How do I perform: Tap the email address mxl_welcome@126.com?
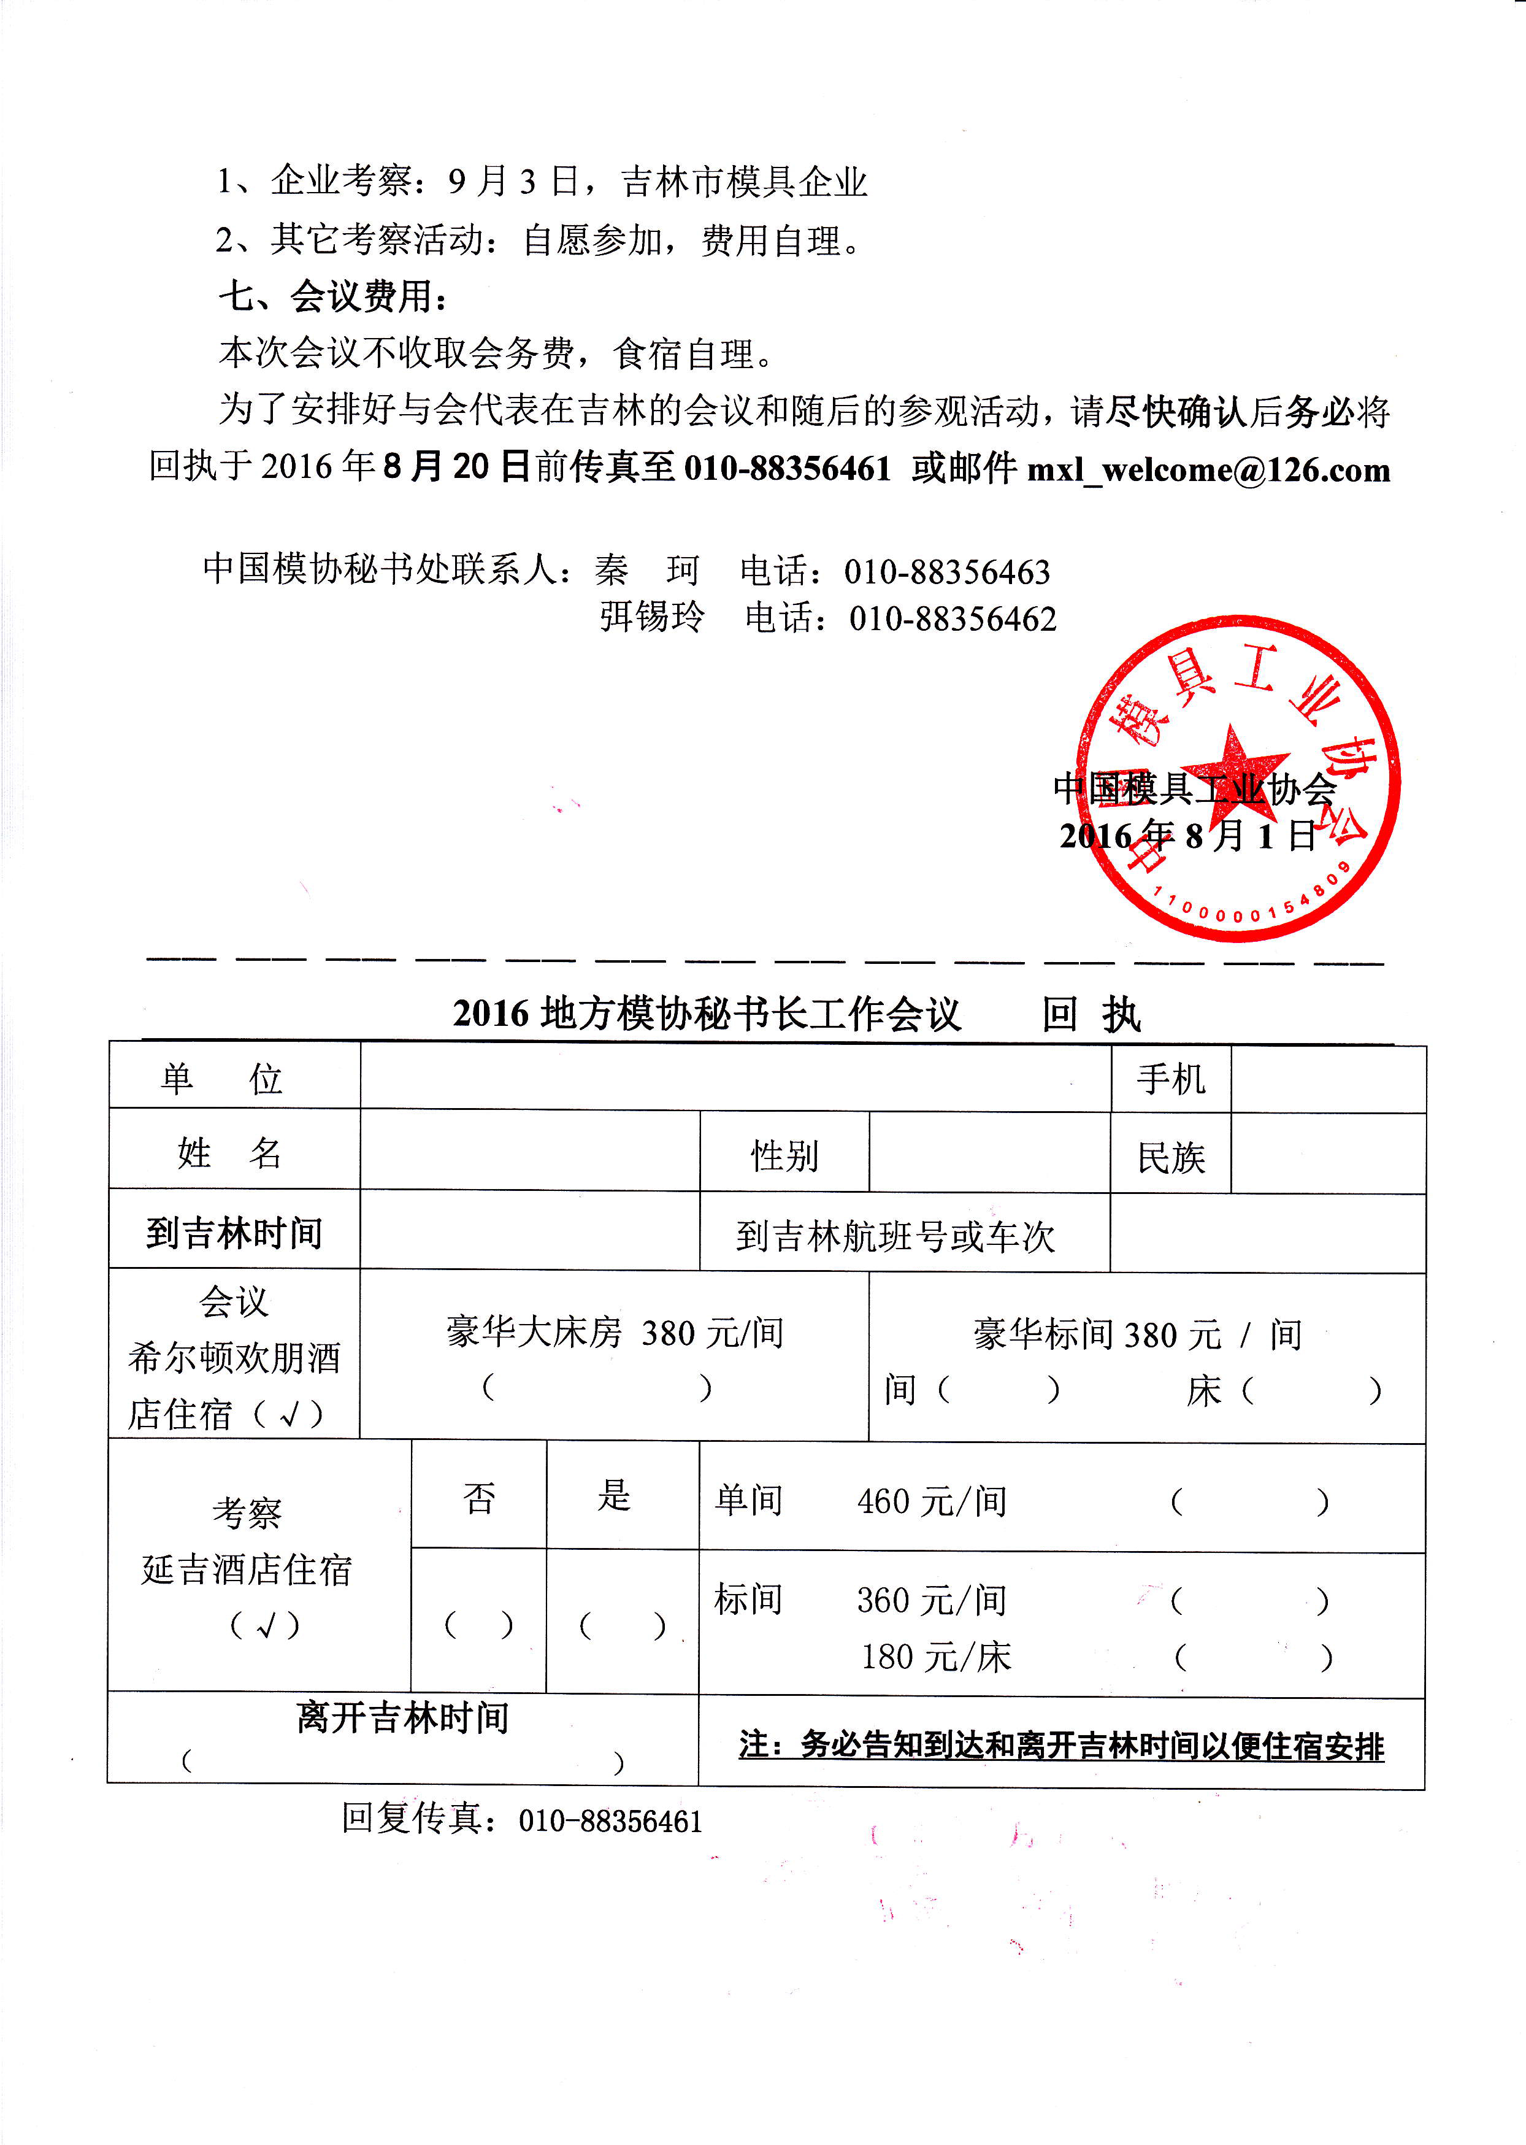coord(1208,469)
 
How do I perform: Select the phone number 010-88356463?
coord(946,571)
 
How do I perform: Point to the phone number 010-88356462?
coord(952,618)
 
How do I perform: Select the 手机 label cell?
coord(1171,1078)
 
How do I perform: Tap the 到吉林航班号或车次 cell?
coord(895,1235)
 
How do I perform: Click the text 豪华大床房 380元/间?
coord(615,1332)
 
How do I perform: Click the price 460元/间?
coord(931,1501)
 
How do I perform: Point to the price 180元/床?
coord(936,1657)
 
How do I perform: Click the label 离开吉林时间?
coord(402,1717)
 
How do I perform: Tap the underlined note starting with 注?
coord(1061,1746)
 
